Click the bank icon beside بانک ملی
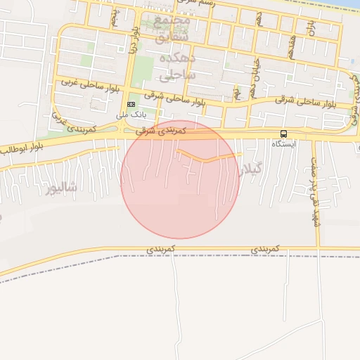pos(129,105)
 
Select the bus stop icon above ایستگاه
pos(283,134)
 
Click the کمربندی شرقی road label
pos(162,131)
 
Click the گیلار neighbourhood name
pos(251,169)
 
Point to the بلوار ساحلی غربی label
pos(81,82)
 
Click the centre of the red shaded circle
pos(181,179)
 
